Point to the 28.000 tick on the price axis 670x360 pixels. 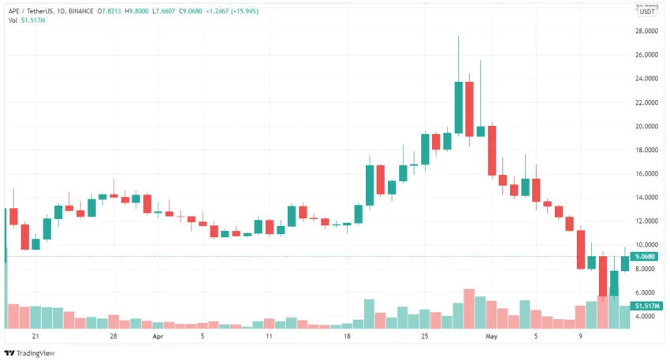647,31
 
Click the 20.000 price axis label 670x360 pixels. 647,126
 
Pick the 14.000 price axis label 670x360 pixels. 647,197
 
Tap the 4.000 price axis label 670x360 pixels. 647,316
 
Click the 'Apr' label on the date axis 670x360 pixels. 158,336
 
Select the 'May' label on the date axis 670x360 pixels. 492,336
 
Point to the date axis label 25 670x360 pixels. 425,336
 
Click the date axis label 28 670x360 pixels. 114,336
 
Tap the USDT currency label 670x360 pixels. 647,11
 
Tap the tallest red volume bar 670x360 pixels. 469,309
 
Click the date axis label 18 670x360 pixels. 347,336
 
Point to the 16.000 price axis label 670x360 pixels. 647,173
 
